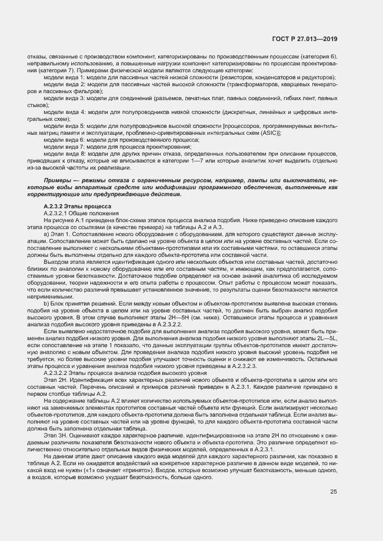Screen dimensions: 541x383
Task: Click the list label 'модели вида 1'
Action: click(x=63, y=77)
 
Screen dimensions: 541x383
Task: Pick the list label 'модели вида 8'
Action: click(x=63, y=153)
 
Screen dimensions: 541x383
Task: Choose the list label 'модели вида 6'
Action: click(x=63, y=139)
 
